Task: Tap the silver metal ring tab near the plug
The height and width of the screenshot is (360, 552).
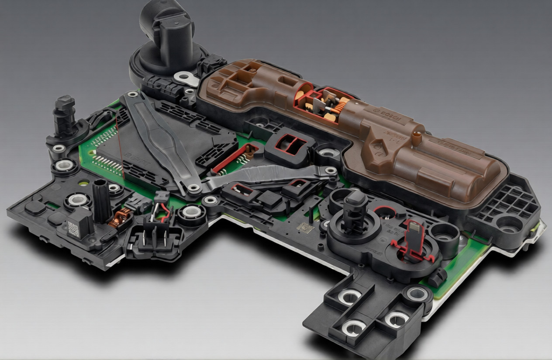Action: point(187,78)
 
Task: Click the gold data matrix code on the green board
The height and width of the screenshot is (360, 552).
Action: point(305,228)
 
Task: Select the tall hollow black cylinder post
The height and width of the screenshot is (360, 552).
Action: point(101,201)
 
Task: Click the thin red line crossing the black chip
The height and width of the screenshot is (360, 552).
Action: point(120,144)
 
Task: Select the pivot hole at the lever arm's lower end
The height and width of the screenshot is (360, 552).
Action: point(193,188)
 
